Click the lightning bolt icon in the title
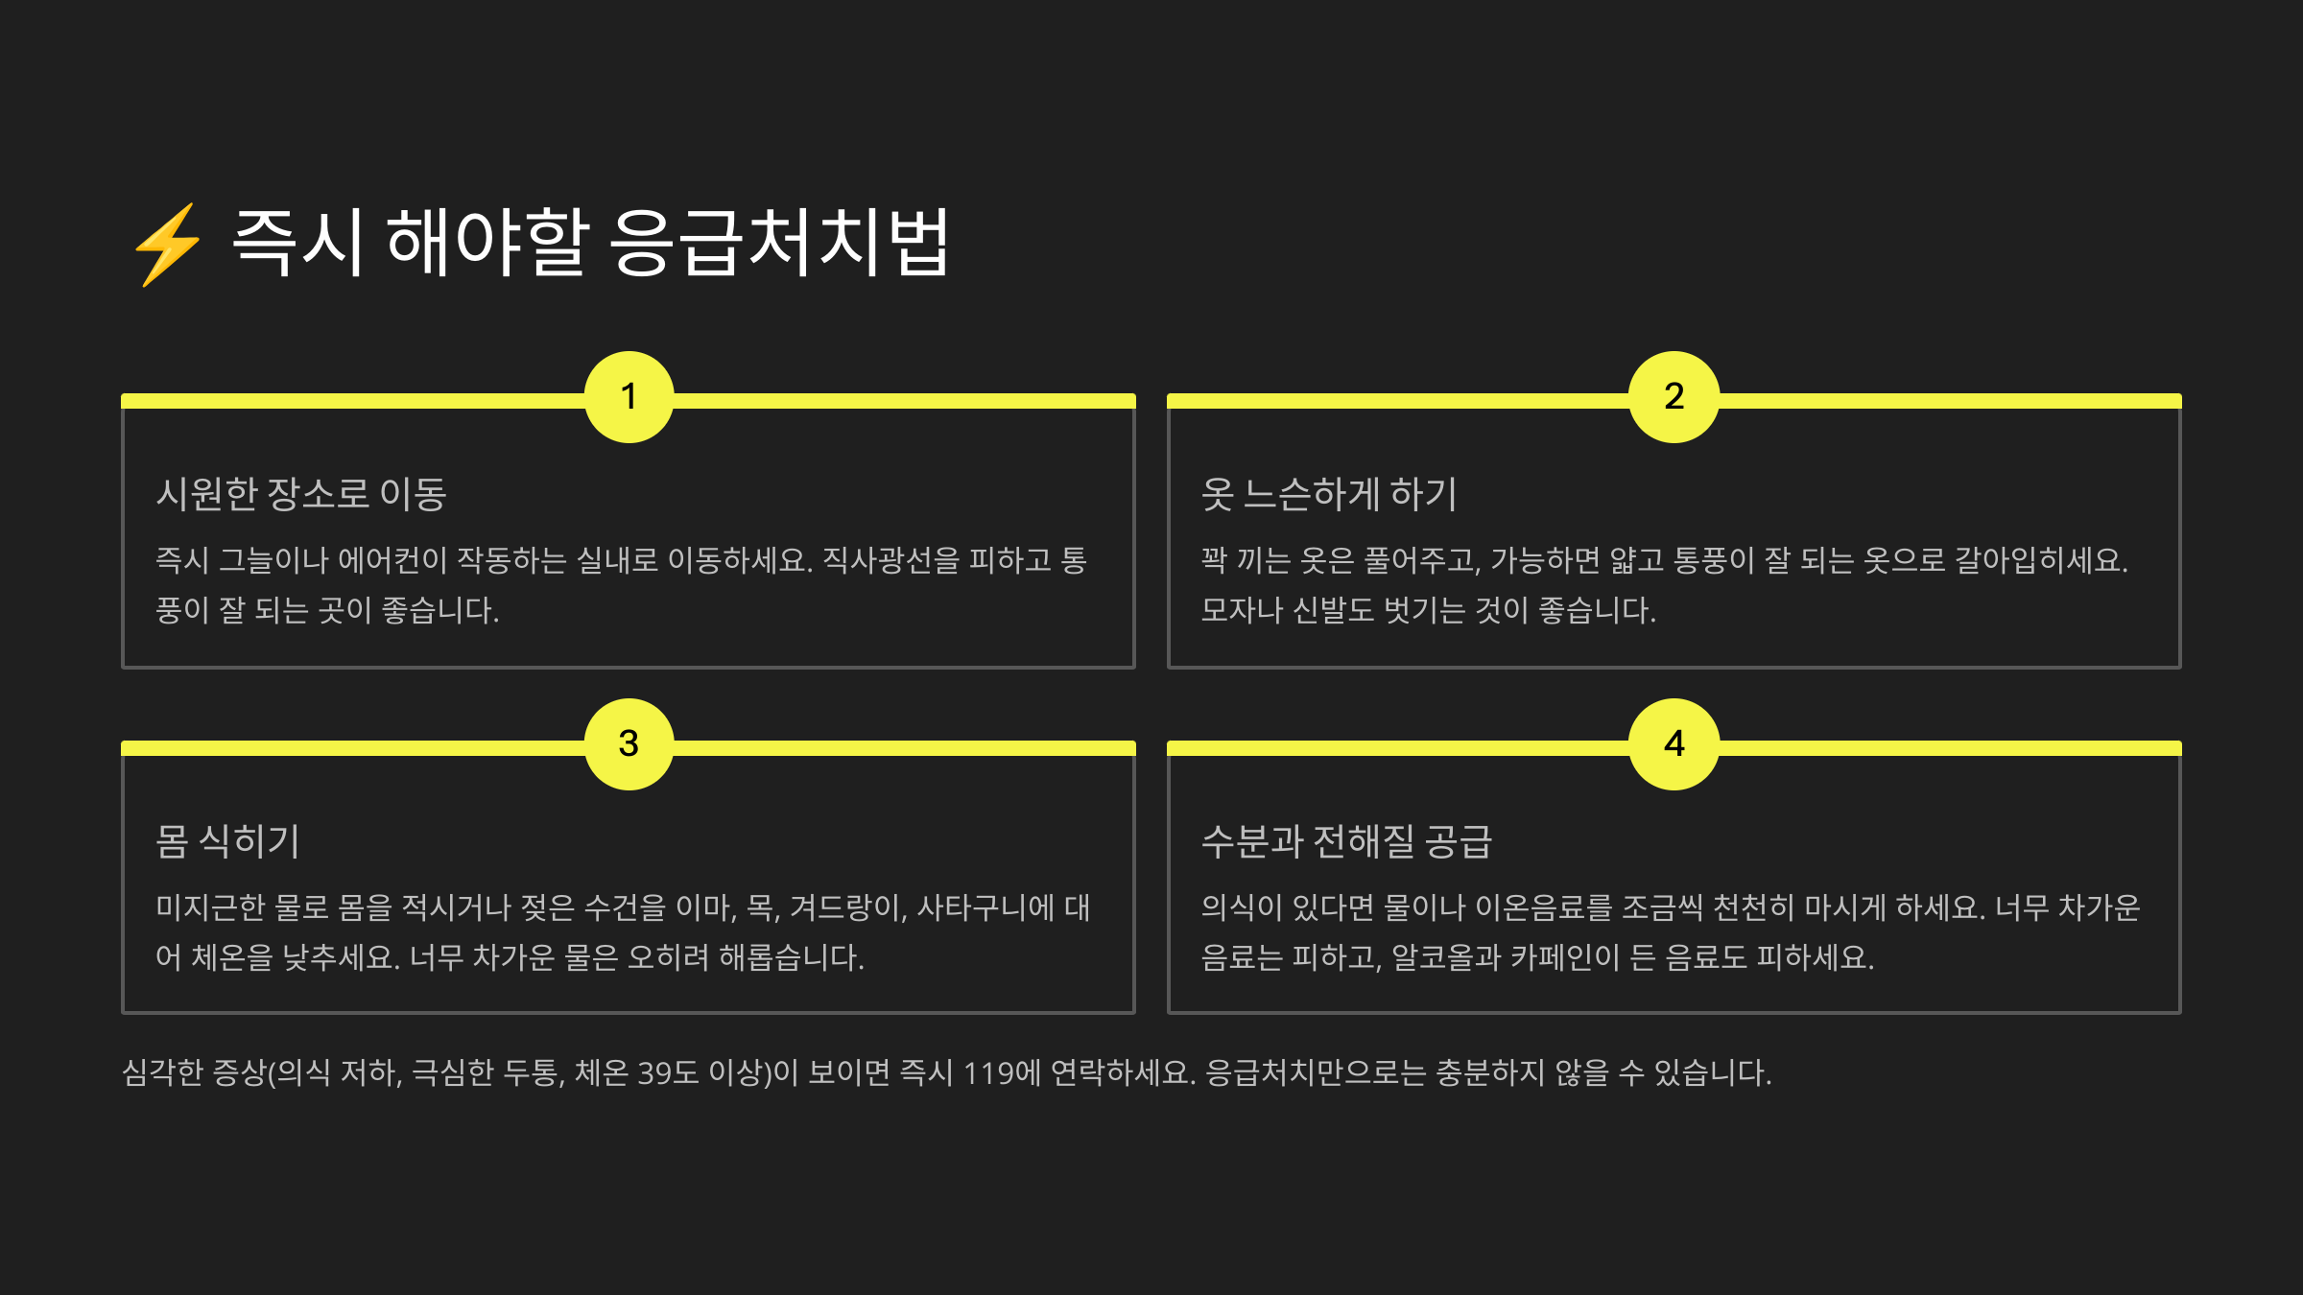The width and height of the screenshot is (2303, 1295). (x=168, y=245)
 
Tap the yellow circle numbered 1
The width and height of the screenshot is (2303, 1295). (x=629, y=397)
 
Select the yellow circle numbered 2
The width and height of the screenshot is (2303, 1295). (x=1674, y=397)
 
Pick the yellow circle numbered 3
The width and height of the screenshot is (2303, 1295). (x=629, y=744)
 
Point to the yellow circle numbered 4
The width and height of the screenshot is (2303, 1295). (x=1674, y=744)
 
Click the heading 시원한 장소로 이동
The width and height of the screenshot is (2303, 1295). (x=301, y=494)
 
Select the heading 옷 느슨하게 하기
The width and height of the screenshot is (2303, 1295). (x=1329, y=494)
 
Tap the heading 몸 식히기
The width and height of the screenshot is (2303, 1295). (x=227, y=841)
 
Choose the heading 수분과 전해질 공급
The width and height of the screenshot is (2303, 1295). (x=1346, y=841)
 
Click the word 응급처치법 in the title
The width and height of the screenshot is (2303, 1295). (x=779, y=243)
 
